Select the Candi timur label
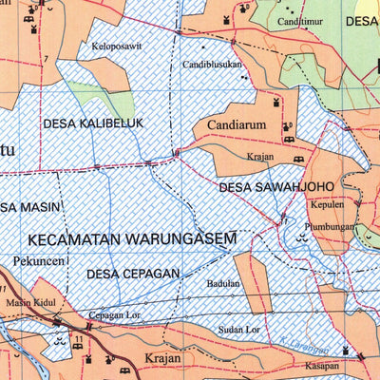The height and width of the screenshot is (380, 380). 300,20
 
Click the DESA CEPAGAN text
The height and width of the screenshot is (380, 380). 133,274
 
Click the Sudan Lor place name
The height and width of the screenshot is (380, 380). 239,330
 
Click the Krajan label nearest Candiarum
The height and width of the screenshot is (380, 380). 259,155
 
